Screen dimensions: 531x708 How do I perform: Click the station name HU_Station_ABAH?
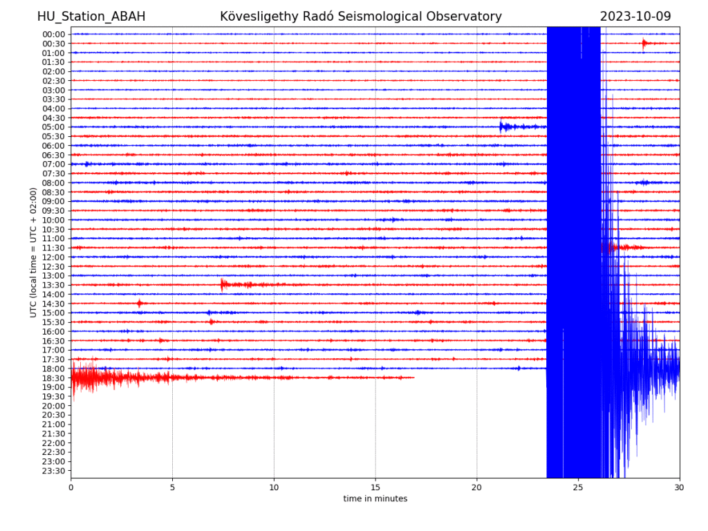(91, 17)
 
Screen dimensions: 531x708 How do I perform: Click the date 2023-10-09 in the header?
(635, 17)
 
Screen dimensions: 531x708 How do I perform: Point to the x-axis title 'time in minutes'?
(375, 499)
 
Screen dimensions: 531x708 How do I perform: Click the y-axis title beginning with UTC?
(32, 252)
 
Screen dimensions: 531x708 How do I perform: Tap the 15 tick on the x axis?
(375, 487)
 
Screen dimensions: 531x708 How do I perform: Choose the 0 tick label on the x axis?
(71, 487)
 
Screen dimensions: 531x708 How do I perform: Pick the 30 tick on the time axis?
(680, 487)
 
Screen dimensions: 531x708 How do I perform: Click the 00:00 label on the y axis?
(54, 34)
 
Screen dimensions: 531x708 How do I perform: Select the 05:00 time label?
(54, 127)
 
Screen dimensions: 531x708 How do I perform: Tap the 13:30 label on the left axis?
(54, 285)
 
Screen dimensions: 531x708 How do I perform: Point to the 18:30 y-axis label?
(54, 378)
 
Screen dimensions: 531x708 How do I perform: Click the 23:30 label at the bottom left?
(54, 471)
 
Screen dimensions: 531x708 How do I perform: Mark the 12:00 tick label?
(54, 257)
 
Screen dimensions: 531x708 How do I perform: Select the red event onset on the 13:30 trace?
(223, 284)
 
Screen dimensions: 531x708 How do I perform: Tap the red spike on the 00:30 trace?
(644, 44)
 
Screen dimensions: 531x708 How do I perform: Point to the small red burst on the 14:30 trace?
(140, 303)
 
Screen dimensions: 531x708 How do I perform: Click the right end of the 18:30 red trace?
(413, 378)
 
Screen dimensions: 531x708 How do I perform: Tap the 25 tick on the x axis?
(578, 487)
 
